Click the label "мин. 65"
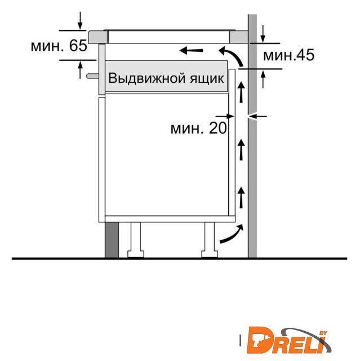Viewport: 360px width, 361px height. point(59,45)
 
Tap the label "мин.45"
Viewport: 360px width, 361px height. point(289,55)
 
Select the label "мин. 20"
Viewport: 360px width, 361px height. point(199,128)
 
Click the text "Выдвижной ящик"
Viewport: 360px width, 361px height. point(166,78)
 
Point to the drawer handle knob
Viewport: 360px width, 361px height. point(92,76)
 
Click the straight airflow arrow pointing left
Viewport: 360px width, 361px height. point(191,50)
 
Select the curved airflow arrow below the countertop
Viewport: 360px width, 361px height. point(231,56)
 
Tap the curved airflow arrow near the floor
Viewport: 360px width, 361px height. point(232,234)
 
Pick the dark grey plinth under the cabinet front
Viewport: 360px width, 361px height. point(112,240)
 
